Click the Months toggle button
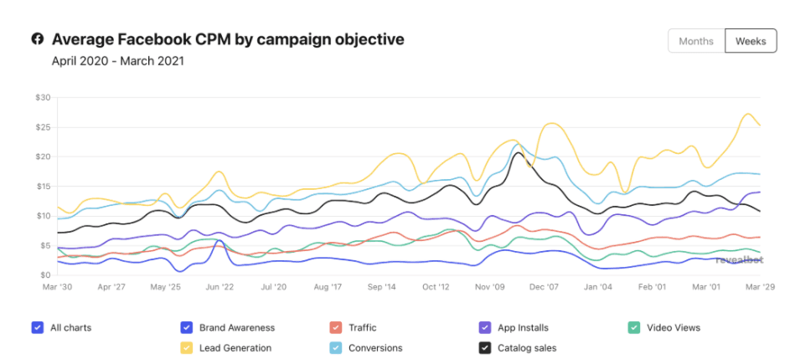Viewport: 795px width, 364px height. [696, 41]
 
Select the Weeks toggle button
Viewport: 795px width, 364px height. [750, 41]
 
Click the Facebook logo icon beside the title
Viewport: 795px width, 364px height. [38, 39]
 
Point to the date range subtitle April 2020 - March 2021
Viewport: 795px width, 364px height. [117, 61]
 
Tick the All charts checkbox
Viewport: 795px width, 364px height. [37, 327]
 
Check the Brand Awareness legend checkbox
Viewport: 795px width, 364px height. [187, 327]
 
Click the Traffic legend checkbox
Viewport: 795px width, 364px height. [335, 327]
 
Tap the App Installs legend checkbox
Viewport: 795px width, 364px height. [484, 327]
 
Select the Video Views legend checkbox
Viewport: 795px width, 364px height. [633, 327]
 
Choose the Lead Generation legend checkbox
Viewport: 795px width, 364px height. [187, 347]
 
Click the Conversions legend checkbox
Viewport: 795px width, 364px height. [335, 347]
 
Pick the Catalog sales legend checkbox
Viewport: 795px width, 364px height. [484, 347]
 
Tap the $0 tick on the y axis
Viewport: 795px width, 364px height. [44, 274]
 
